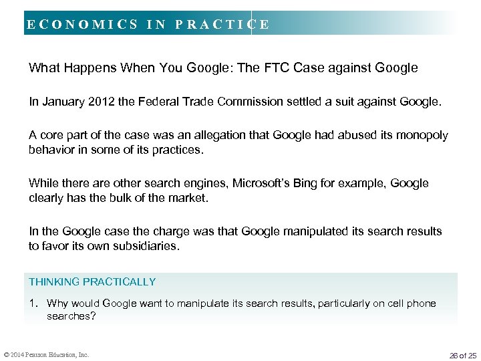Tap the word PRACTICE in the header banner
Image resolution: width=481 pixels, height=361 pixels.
(222, 25)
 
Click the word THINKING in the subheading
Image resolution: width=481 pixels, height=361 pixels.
(54, 282)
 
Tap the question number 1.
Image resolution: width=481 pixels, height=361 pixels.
(33, 304)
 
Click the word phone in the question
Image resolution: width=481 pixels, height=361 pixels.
(421, 304)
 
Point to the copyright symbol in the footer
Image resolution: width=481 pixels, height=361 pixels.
(5, 354)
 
